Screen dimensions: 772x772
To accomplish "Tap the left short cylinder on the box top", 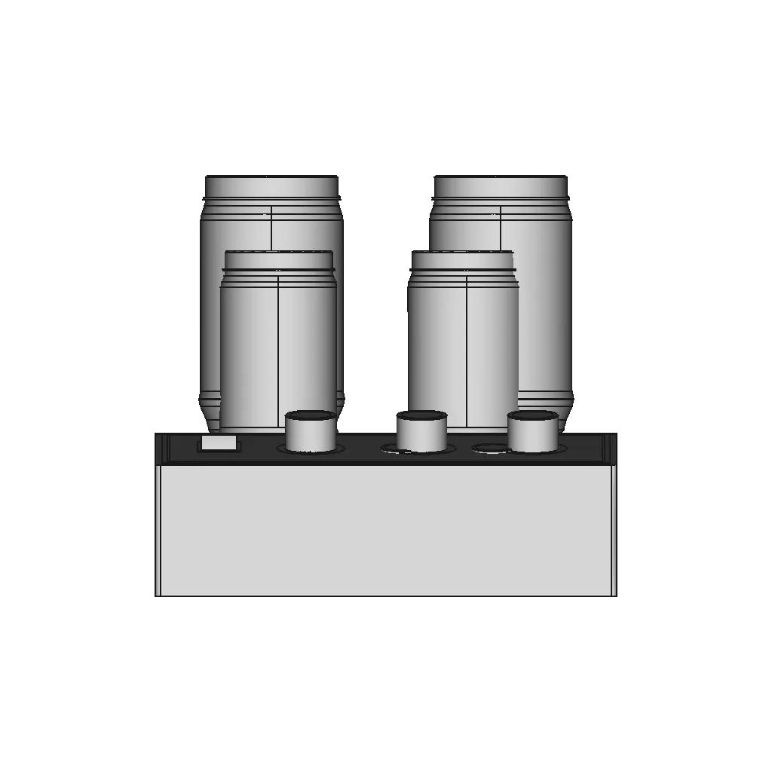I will (311, 436).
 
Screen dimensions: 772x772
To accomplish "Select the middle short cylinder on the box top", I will (421, 436).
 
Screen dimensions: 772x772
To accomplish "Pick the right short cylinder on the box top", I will (532, 436).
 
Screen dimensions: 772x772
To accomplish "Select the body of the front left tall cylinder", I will (249, 347).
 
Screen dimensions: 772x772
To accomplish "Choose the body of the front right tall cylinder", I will (437, 347).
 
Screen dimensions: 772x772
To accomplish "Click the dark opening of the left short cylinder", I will (311, 415).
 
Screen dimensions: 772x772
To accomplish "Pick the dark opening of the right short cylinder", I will (533, 415).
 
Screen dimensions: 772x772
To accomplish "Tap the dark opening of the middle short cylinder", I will (421, 415).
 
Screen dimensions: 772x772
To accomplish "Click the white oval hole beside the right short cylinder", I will (489, 449).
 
